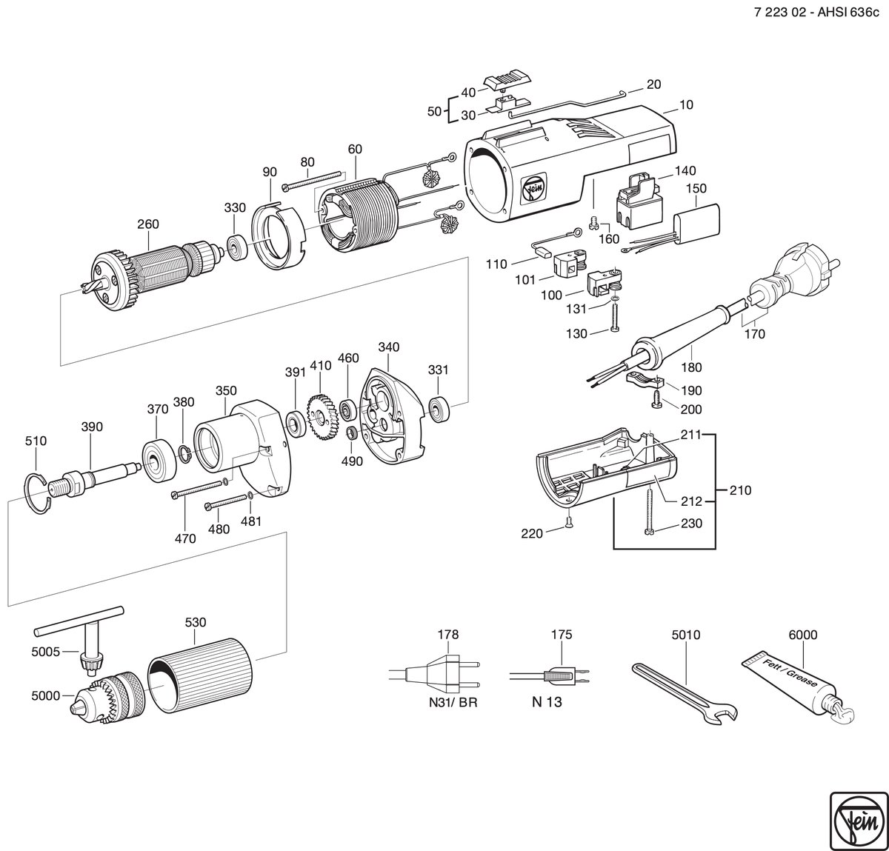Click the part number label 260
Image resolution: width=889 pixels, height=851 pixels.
(148, 224)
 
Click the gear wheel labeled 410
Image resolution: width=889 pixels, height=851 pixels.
(322, 417)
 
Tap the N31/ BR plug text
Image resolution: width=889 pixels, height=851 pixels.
(453, 702)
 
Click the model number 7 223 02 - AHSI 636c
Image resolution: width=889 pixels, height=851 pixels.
(816, 13)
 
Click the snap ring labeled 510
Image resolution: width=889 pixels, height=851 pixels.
(41, 494)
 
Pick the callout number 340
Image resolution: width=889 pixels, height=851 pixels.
(389, 347)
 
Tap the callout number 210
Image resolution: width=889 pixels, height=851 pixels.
(741, 490)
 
